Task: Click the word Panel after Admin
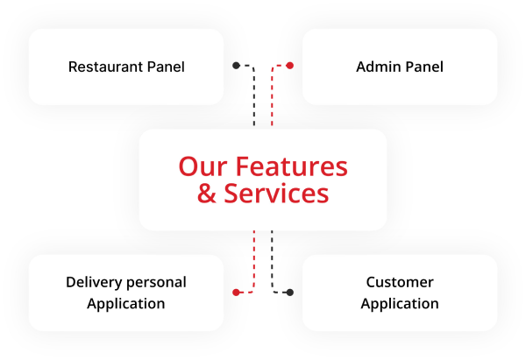[424, 67]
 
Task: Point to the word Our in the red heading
[203, 166]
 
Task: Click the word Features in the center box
[292, 166]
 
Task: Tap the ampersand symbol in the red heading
[207, 194]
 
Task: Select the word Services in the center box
[276, 194]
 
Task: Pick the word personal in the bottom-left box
[156, 283]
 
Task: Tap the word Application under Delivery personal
[125, 304]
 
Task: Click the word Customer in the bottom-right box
[400, 282]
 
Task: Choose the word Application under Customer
[400, 304]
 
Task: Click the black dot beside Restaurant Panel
[236, 66]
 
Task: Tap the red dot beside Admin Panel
[290, 66]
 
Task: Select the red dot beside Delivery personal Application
[236, 293]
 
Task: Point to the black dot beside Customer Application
[290, 293]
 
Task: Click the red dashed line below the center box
[254, 261]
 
